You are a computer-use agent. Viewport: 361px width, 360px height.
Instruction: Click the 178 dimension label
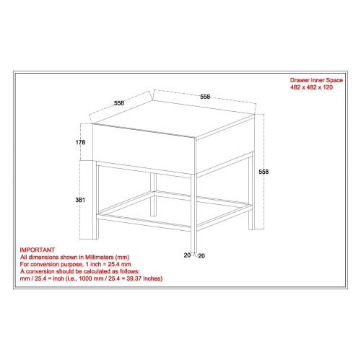click(x=79, y=142)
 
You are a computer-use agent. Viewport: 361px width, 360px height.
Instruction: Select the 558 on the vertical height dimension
click(x=264, y=172)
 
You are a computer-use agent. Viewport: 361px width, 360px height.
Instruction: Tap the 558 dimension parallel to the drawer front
click(x=205, y=96)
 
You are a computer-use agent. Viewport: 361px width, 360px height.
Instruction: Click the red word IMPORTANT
click(x=36, y=248)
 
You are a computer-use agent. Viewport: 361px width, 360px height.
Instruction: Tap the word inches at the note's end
click(x=152, y=278)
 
